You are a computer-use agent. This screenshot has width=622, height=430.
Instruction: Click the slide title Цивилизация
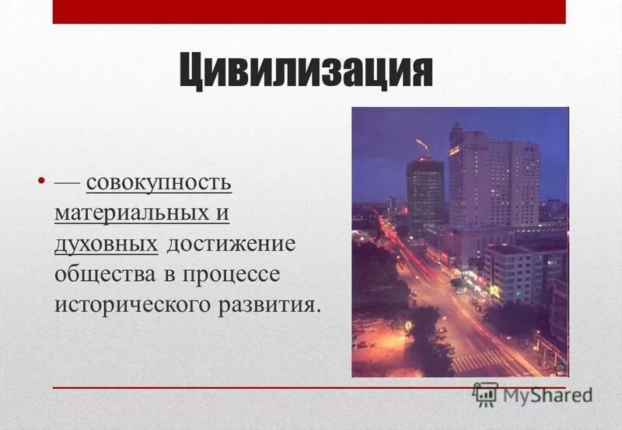click(306, 71)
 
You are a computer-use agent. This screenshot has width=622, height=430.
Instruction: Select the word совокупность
click(159, 183)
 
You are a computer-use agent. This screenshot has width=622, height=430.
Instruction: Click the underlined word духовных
click(106, 244)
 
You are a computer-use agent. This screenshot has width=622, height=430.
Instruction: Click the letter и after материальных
click(222, 214)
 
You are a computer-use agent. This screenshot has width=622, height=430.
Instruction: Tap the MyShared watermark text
click(547, 394)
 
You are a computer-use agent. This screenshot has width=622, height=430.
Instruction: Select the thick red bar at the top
click(309, 12)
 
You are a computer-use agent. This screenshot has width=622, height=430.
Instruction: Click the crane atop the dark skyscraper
click(423, 145)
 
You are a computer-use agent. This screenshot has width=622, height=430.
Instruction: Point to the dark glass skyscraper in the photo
click(425, 194)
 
